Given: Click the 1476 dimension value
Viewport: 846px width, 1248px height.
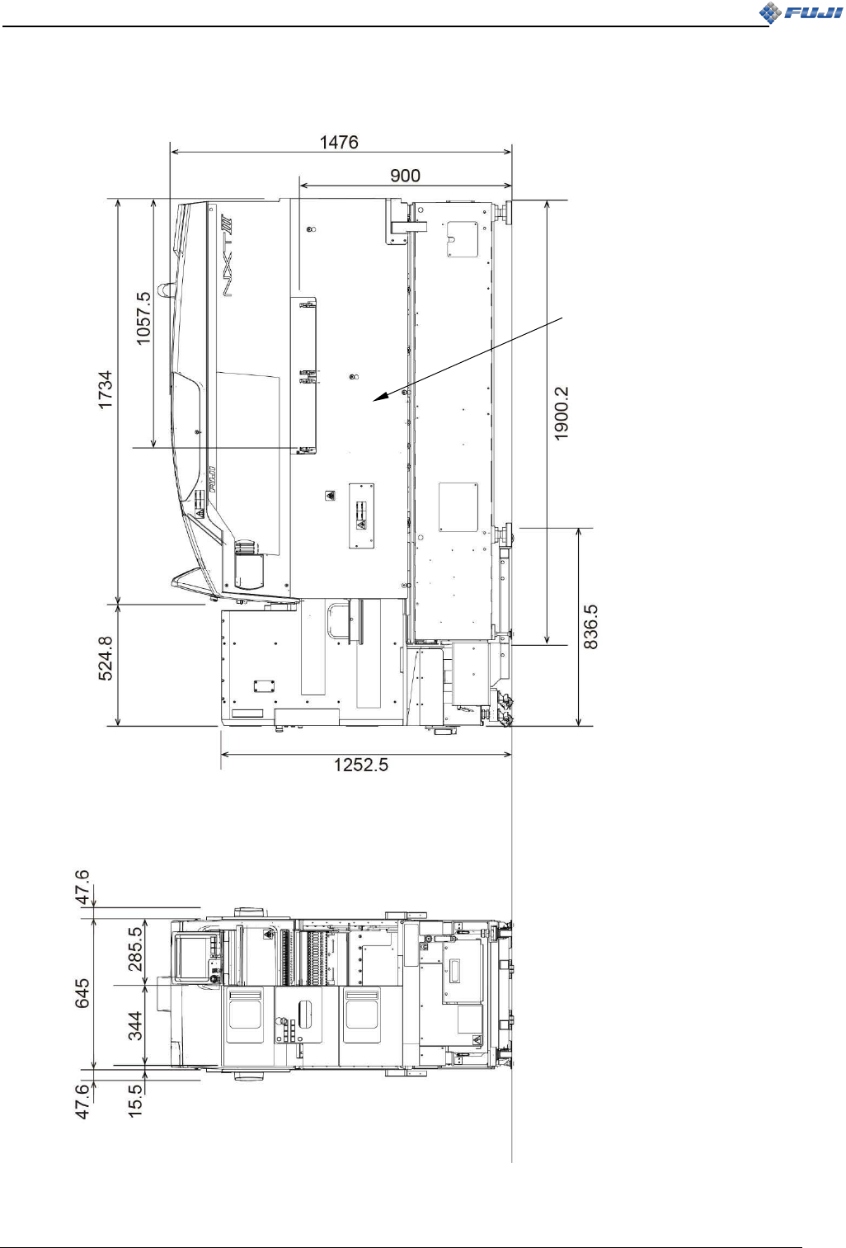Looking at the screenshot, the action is [x=339, y=143].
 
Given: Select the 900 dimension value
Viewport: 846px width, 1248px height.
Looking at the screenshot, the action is [x=405, y=176].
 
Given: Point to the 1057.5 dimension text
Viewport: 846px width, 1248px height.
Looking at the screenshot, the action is [x=143, y=318].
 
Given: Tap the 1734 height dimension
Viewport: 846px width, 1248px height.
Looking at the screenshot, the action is [x=106, y=390].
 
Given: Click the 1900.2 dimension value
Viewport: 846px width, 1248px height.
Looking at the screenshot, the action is [x=562, y=413].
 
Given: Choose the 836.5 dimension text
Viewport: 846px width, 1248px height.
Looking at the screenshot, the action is [x=591, y=627].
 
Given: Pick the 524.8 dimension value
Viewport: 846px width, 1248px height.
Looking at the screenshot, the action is [x=106, y=657].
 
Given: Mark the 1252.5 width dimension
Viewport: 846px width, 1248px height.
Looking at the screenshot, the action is [x=360, y=765].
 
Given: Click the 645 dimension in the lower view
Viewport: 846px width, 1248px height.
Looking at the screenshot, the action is [x=82, y=994].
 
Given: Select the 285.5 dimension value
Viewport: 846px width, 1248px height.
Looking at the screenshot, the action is [x=135, y=949].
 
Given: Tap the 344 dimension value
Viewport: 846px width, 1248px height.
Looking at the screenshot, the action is [x=135, y=1026].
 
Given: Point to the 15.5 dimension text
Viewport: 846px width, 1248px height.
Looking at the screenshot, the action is [x=135, y=1102].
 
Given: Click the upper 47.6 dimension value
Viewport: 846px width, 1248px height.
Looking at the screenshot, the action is [x=82, y=887].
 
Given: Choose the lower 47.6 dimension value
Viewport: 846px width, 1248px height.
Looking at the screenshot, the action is [x=82, y=1102].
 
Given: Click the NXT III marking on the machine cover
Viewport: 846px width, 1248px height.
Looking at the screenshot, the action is [x=228, y=256].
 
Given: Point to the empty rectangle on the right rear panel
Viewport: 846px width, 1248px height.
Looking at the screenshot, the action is [x=458, y=507].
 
